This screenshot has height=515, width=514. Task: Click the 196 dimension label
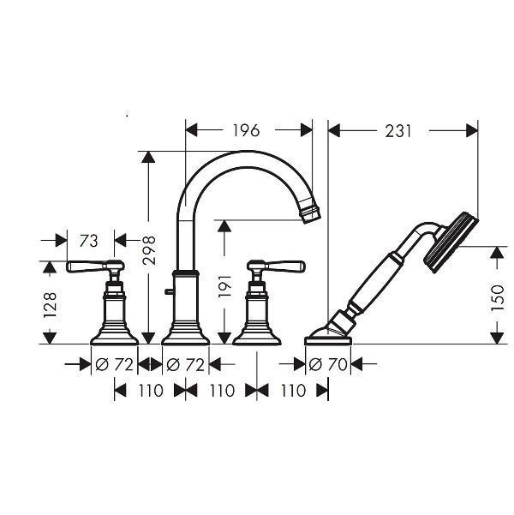pyautogui.click(x=247, y=130)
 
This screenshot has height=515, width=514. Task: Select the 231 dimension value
pyautogui.click(x=398, y=131)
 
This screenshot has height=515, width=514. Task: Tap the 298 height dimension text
pyautogui.click(x=149, y=250)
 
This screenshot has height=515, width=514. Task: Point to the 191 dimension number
pyautogui.click(x=225, y=286)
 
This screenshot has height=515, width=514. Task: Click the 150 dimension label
pyautogui.click(x=497, y=298)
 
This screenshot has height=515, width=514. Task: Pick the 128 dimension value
pyautogui.click(x=51, y=305)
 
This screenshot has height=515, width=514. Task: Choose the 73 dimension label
pyautogui.click(x=89, y=241)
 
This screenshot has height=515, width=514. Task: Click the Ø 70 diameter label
pyautogui.click(x=328, y=364)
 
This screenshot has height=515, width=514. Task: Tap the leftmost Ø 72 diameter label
pyautogui.click(x=114, y=364)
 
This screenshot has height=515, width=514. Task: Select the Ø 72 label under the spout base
pyautogui.click(x=186, y=364)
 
